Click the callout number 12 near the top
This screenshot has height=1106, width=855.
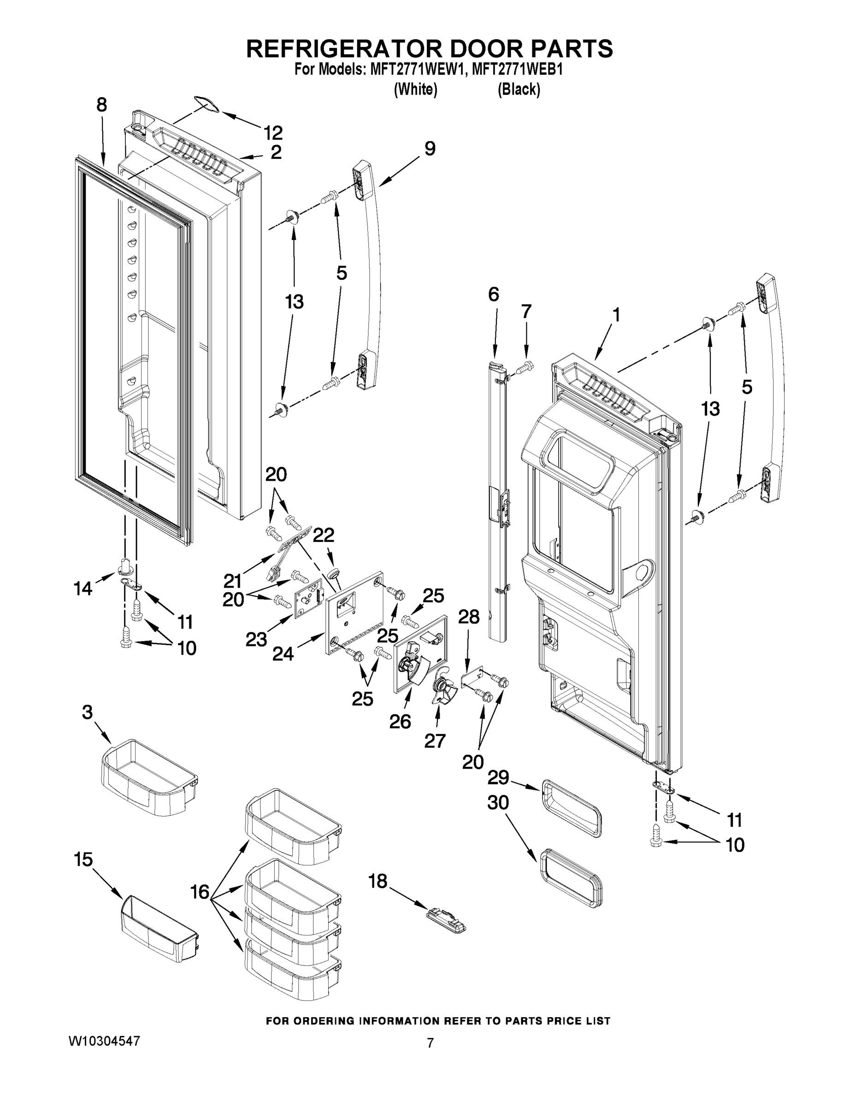tap(273, 133)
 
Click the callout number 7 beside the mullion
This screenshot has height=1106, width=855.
tap(526, 312)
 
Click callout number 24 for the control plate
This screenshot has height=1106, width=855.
tap(283, 654)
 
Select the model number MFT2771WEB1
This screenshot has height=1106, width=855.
tap(517, 70)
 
